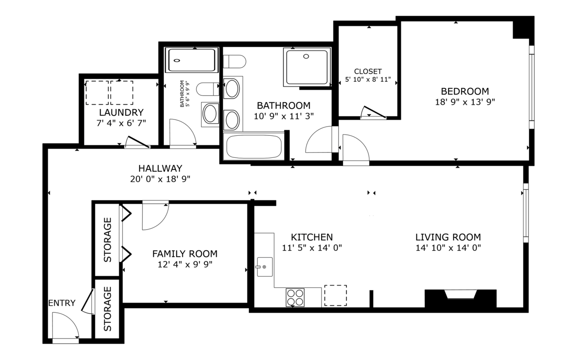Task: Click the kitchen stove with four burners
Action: click(x=295, y=297)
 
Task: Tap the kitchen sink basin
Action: click(x=265, y=267)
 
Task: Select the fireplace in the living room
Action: click(x=460, y=299)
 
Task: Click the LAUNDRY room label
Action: click(x=121, y=112)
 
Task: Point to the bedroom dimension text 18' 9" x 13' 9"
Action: click(x=465, y=102)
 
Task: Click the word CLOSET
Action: click(x=368, y=71)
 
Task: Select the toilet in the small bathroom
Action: click(x=208, y=89)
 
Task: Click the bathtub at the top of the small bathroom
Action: click(x=192, y=60)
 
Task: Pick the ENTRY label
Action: click(x=62, y=303)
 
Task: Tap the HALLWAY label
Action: click(x=160, y=168)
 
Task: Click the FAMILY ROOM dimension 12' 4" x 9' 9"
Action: click(x=185, y=264)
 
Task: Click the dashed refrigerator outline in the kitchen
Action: click(x=335, y=296)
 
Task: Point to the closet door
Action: click(x=373, y=112)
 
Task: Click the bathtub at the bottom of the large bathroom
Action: click(x=254, y=147)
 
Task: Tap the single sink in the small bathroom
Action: click(x=210, y=114)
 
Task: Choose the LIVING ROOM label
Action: click(x=448, y=237)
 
